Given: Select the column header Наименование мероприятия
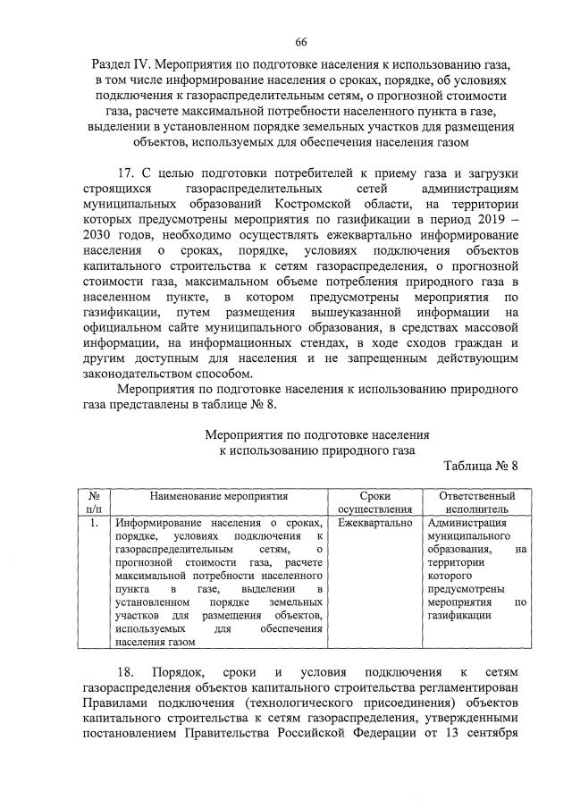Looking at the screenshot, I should click(x=219, y=495).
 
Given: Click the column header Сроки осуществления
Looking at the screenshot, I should click(x=374, y=501).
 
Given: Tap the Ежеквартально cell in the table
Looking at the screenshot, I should click(x=375, y=523).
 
